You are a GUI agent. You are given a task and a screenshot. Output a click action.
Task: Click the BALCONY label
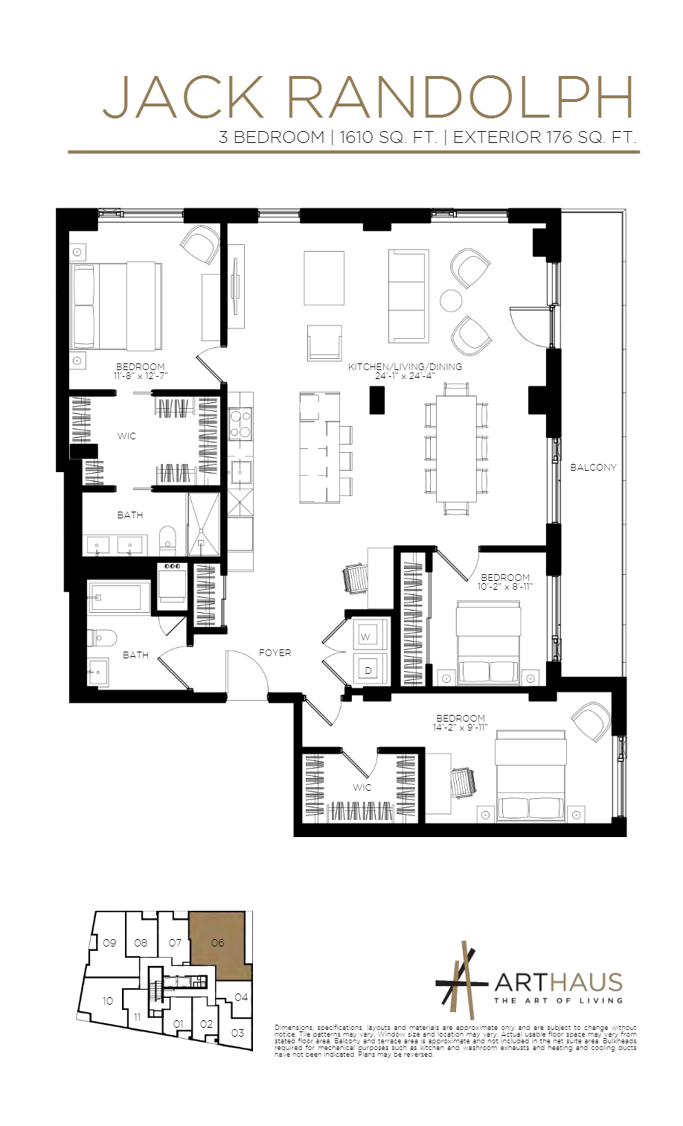tap(593, 468)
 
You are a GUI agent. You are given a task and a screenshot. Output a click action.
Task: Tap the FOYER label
tap(275, 653)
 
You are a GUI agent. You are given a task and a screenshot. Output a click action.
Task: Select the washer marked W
tap(365, 637)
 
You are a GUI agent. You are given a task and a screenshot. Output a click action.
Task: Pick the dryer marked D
tap(368, 670)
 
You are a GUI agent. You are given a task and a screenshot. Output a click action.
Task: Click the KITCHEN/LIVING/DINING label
tap(405, 367)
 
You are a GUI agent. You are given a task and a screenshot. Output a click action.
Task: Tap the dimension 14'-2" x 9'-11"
tap(460, 728)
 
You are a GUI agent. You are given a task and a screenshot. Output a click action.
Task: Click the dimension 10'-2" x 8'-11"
tap(504, 587)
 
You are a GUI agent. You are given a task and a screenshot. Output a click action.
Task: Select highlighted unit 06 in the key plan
tap(218, 943)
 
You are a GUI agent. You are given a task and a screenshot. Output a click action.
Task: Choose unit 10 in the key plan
tap(108, 1001)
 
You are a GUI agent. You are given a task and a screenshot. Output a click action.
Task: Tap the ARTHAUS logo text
tap(558, 983)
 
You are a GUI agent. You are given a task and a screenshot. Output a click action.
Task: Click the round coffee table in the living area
tap(451, 300)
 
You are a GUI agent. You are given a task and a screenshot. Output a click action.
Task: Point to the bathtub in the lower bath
tap(118, 597)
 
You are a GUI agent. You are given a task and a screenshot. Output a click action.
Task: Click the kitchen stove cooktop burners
tap(240, 424)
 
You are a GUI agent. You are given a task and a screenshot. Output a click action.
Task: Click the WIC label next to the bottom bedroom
tap(362, 788)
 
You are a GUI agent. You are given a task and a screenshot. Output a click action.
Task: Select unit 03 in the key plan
tap(237, 1033)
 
